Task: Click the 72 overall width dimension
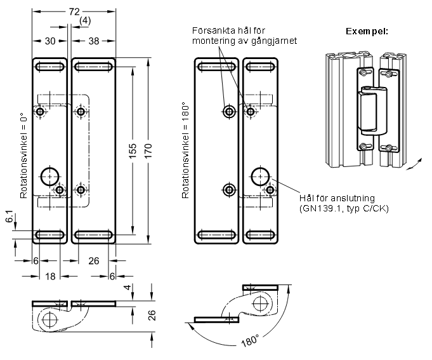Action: pyautogui.click(x=74, y=11)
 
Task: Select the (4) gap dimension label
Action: pyautogui.click(x=84, y=21)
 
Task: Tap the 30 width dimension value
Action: pyautogui.click(x=50, y=41)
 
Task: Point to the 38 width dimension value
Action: pyautogui.click(x=94, y=41)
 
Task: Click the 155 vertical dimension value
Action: pyautogui.click(x=133, y=150)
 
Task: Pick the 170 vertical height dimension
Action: pyautogui.click(x=148, y=150)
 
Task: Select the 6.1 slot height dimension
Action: pyautogui.click(x=9, y=216)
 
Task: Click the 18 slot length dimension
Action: pyautogui.click(x=50, y=276)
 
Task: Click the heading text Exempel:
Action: pyautogui.click(x=367, y=31)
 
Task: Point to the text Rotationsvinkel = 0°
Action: pyautogui.click(x=23, y=155)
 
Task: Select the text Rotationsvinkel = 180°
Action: pyautogui.click(x=185, y=150)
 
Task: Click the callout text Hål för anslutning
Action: pyautogui.click(x=337, y=198)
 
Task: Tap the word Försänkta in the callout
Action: pyautogui.click(x=214, y=30)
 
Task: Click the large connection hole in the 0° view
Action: pyautogui.click(x=50, y=176)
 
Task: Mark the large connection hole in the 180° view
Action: pyautogui.click(x=260, y=176)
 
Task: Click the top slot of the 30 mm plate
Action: pyautogui.click(x=50, y=67)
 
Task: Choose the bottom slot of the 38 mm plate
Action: pyautogui.click(x=94, y=235)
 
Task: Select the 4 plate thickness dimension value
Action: pyautogui.click(x=128, y=287)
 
